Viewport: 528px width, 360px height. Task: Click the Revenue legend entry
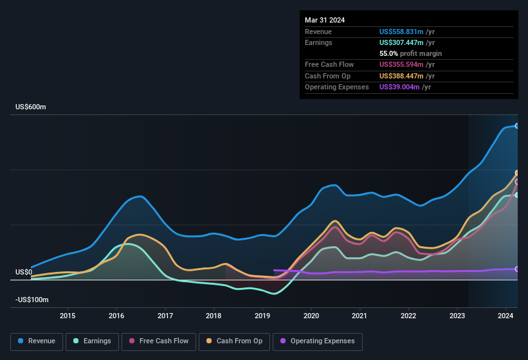[37, 341]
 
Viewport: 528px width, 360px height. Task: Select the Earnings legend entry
[93, 341]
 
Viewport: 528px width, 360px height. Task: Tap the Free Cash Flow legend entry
[159, 341]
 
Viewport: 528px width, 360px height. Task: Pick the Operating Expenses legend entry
[317, 341]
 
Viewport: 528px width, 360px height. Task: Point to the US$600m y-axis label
[31, 107]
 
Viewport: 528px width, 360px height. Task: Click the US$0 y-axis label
[24, 273]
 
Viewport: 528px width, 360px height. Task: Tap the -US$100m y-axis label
[32, 300]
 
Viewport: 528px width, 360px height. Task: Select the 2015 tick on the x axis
[68, 316]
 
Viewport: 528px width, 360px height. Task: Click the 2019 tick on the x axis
[262, 316]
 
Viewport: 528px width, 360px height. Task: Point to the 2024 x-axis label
[505, 316]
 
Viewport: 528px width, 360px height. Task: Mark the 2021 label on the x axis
[360, 316]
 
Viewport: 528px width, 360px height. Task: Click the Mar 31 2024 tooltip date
[325, 20]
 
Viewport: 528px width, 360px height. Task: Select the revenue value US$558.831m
[401, 32]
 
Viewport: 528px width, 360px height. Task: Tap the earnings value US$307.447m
[401, 42]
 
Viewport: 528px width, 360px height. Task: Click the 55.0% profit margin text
[410, 53]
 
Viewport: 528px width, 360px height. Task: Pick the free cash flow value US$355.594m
[401, 64]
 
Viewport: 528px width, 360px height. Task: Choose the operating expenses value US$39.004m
[399, 87]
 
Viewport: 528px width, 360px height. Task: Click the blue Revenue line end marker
[517, 125]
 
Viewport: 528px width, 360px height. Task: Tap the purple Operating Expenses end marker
[517, 269]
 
